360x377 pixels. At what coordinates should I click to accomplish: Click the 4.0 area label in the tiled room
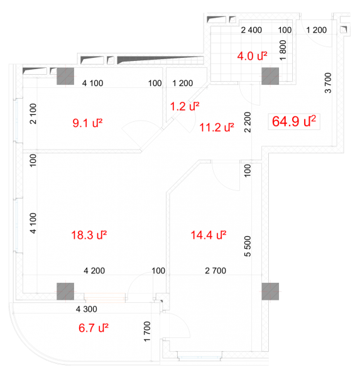tap(252, 56)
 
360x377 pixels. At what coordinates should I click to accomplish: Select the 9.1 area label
tap(87, 123)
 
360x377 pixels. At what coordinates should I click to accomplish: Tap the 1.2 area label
tap(185, 107)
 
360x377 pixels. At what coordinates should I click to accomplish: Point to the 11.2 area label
tap(217, 127)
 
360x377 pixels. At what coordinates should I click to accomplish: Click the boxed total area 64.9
tap(294, 121)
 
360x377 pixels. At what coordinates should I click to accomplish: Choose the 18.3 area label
tap(89, 235)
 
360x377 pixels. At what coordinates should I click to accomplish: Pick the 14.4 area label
tap(209, 235)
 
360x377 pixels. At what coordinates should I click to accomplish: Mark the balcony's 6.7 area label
tap(94, 328)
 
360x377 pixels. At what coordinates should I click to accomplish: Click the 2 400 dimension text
tap(251, 30)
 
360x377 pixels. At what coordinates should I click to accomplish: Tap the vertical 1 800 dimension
tap(283, 50)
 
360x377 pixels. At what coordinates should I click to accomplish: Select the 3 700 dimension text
tap(328, 83)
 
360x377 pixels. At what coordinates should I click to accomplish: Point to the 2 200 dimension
tap(248, 122)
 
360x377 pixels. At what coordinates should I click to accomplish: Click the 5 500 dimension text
tap(248, 246)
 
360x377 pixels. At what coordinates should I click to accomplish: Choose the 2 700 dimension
tap(215, 271)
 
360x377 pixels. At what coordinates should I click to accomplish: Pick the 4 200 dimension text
tap(94, 271)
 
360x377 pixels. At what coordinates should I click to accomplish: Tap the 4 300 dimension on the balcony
tap(87, 309)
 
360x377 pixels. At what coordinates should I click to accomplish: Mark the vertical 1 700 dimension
tap(147, 332)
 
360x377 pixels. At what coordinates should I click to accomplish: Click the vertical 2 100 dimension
tap(33, 114)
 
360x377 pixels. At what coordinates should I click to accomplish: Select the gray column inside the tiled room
tap(270, 76)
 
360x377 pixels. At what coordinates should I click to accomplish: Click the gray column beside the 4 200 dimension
tap(65, 292)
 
